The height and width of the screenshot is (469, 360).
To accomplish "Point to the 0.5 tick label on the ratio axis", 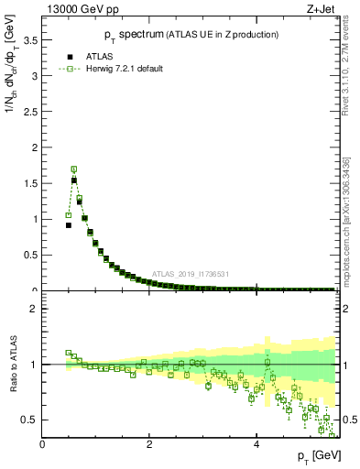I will [31, 420].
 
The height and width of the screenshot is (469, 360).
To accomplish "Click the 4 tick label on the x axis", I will [256, 445].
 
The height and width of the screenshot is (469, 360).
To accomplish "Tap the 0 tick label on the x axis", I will [42, 445].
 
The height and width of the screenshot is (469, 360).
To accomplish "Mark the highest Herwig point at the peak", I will [73, 169].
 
